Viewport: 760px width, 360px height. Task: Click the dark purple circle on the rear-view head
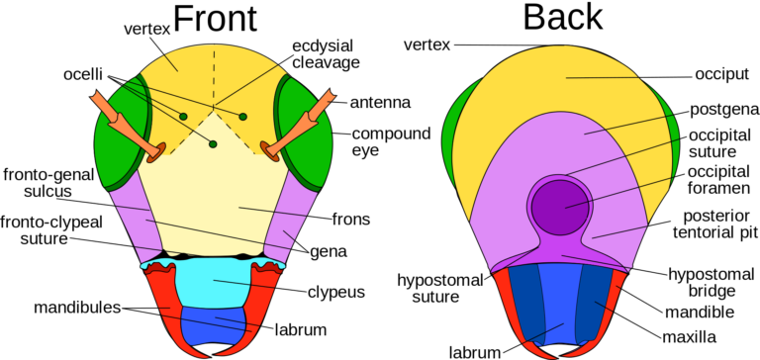click(560, 207)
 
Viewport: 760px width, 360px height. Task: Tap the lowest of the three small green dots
click(213, 144)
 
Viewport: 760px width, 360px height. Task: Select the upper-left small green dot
click(183, 117)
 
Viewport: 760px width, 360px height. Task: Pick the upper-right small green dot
click(242, 117)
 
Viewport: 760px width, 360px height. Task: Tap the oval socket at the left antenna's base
click(156, 152)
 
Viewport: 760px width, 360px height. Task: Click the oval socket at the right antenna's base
click(269, 151)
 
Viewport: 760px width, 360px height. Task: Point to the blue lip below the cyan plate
click(213, 326)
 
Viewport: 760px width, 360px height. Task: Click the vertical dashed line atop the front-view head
click(213, 74)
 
